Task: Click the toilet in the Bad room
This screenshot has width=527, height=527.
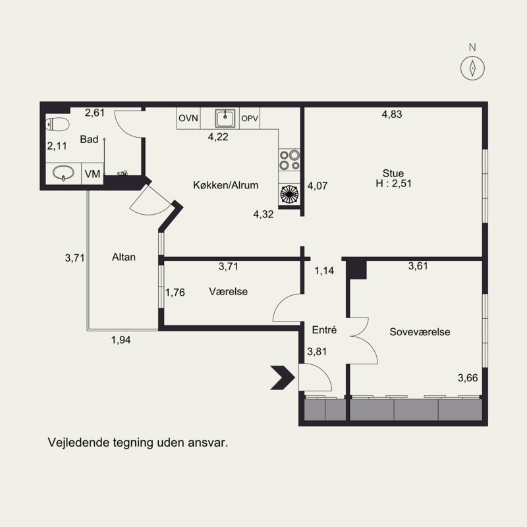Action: tap(57, 125)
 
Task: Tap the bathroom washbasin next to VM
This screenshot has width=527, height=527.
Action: tap(63, 173)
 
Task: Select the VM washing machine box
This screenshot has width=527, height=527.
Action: tap(92, 174)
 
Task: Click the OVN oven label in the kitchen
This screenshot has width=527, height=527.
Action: tap(188, 119)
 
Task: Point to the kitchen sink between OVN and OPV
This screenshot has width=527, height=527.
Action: tap(225, 118)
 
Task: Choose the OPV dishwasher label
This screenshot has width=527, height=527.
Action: tap(250, 119)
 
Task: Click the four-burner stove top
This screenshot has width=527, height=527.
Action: tap(289, 159)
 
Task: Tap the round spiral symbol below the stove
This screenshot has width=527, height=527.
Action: tap(289, 194)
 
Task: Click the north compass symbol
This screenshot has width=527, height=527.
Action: tap(472, 69)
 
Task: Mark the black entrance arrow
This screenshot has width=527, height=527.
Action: tap(283, 377)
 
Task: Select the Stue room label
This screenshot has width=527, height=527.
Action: tap(393, 173)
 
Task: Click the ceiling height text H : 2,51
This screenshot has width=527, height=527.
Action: tap(393, 184)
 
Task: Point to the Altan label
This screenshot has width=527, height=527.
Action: tap(124, 257)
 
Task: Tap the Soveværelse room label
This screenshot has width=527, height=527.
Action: tap(420, 332)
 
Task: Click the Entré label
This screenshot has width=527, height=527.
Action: tap(324, 330)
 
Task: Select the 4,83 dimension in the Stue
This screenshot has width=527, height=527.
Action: tap(392, 114)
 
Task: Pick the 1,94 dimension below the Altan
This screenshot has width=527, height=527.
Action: tap(121, 340)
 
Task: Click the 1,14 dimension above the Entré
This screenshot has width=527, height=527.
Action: tap(324, 271)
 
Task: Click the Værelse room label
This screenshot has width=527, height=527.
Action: tap(228, 291)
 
